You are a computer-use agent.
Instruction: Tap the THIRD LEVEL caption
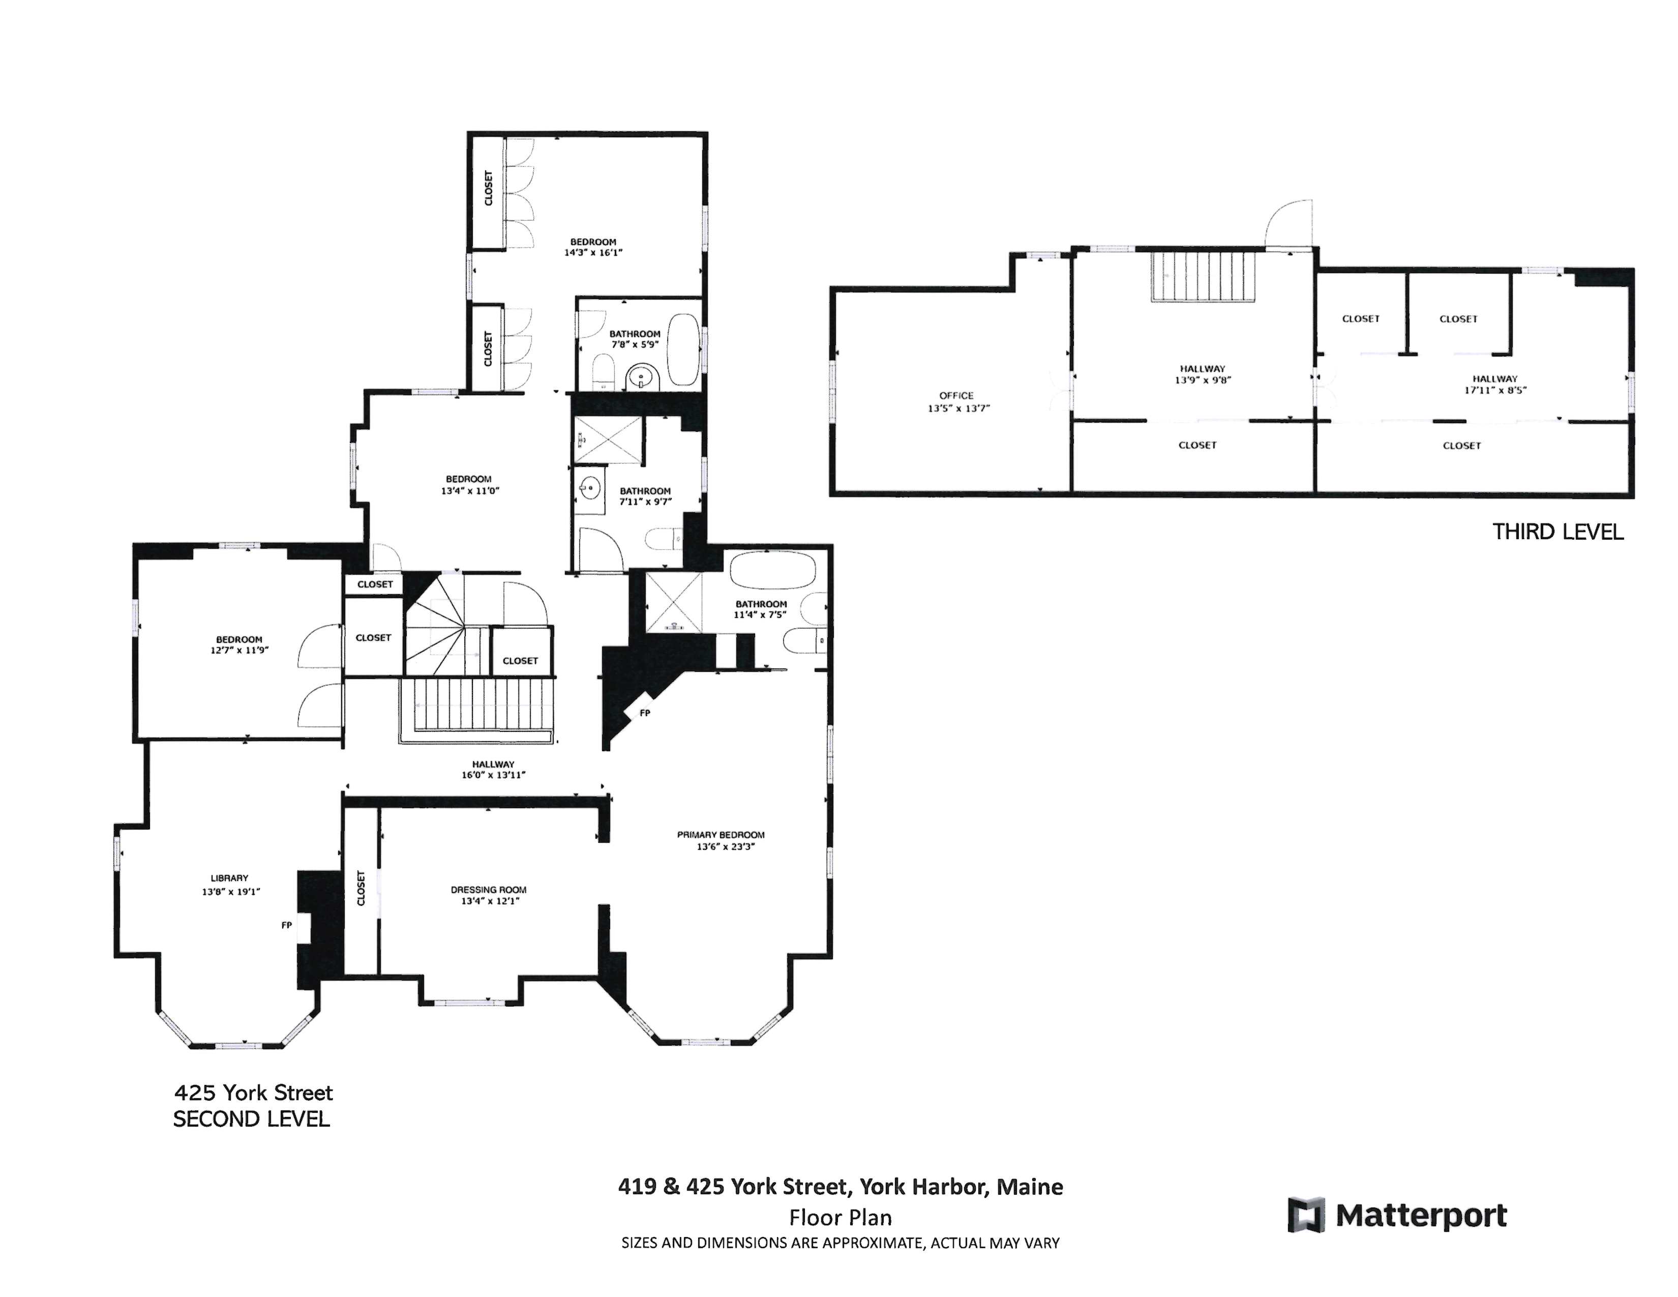pos(1557,532)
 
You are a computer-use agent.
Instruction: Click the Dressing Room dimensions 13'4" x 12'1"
pos(489,900)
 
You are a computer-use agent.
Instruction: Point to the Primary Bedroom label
pos(721,835)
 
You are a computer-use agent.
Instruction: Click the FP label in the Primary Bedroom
pos(645,713)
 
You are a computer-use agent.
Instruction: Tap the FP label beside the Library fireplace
pos(287,925)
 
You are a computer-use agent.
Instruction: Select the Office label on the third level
pos(956,396)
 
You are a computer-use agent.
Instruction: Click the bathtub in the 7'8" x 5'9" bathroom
pos(682,349)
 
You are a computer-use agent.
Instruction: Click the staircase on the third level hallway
pos(1203,277)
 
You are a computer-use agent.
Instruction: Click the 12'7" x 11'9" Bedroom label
pos(239,639)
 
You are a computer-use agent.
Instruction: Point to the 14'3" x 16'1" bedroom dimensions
pos(593,252)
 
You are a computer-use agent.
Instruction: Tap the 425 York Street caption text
pos(254,1093)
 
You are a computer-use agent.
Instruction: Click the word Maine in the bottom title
pos(1030,1187)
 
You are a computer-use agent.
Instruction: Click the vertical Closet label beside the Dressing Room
pos(361,888)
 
